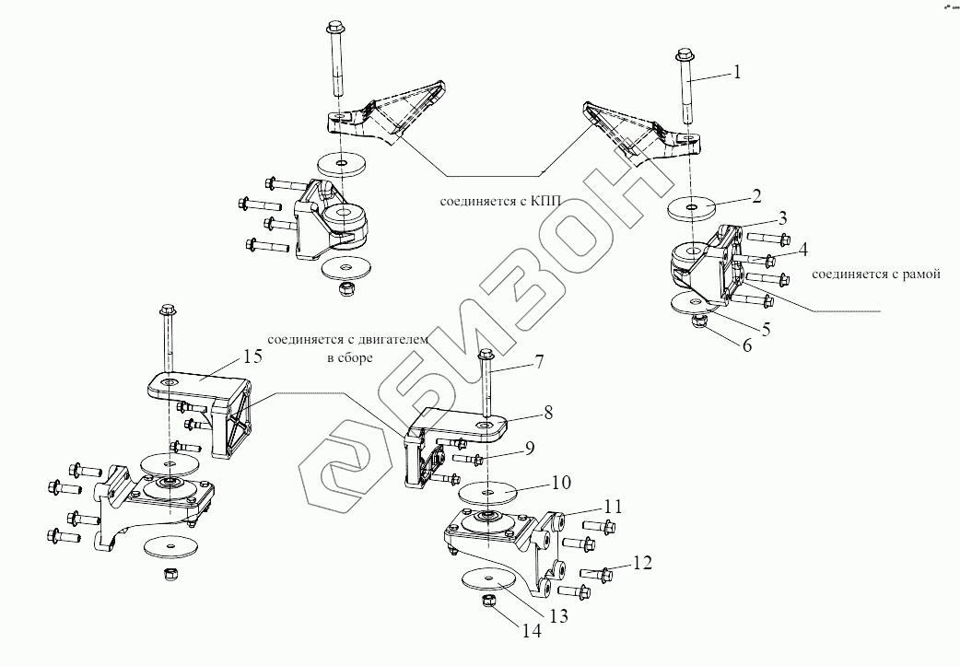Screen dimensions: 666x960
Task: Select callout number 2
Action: click(x=755, y=196)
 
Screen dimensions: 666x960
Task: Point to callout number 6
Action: click(x=745, y=346)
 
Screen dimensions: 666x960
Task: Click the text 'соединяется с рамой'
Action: click(x=874, y=274)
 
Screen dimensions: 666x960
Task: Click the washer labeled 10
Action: click(x=488, y=492)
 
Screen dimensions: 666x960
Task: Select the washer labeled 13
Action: click(x=487, y=580)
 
